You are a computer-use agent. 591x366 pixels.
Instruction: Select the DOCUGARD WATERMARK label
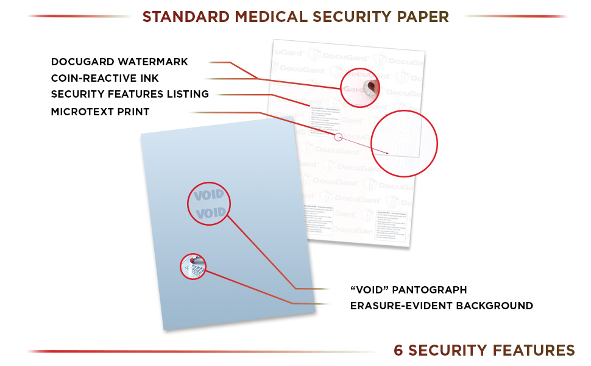[x=119, y=62]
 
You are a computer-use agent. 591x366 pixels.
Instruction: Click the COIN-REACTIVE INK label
[x=105, y=78]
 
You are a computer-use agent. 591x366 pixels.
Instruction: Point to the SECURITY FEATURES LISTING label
[x=130, y=94]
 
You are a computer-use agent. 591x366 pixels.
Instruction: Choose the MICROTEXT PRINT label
[x=100, y=112]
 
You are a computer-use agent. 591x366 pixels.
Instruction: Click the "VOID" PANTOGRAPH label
[x=408, y=290]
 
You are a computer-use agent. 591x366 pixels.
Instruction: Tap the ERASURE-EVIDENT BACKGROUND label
[x=441, y=306]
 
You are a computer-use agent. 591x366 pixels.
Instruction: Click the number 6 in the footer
[x=399, y=350]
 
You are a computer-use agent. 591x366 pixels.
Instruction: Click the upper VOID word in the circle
[x=209, y=196]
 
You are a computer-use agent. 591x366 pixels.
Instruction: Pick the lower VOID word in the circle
[x=211, y=213]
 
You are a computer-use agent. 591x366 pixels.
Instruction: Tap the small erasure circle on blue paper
[x=193, y=267]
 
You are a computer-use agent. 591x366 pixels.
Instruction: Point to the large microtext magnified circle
[x=405, y=144]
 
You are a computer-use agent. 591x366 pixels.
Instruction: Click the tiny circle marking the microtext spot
[x=338, y=137]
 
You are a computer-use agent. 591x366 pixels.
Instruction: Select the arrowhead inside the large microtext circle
[x=386, y=152]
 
